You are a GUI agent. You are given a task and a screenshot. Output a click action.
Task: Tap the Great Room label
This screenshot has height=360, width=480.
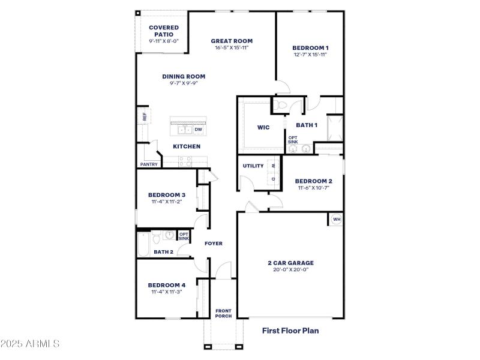pyautogui.click(x=231, y=41)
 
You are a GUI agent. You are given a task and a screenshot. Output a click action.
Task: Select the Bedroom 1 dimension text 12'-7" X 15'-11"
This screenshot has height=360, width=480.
pyautogui.click(x=310, y=55)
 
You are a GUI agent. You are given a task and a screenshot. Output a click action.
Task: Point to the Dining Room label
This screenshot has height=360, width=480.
pyautogui.click(x=184, y=76)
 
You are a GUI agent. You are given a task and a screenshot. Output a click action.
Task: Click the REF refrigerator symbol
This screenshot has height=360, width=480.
pyautogui.click(x=144, y=116)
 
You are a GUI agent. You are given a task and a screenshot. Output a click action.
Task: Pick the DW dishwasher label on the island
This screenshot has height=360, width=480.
pyautogui.click(x=198, y=129)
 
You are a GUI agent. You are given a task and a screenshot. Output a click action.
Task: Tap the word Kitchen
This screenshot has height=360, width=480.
pyautogui.click(x=187, y=146)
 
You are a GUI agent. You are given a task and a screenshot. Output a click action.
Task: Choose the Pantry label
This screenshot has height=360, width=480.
pyautogui.click(x=148, y=164)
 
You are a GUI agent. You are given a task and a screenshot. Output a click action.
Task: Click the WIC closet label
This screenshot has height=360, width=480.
pyautogui.click(x=263, y=127)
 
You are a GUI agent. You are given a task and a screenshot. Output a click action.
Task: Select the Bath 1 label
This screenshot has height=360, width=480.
pyautogui.click(x=307, y=125)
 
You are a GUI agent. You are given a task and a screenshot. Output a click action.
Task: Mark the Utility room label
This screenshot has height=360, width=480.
pyautogui.click(x=253, y=166)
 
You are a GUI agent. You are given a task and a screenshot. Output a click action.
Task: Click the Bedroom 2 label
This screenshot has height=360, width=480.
pyautogui.click(x=313, y=181)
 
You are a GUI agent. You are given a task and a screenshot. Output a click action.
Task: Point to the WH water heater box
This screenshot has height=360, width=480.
pyautogui.click(x=336, y=220)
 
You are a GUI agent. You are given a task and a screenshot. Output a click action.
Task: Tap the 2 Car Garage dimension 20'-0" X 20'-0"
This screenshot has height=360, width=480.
pyautogui.click(x=290, y=269)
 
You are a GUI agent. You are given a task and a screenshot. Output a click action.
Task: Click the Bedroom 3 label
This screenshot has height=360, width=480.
pyautogui.click(x=166, y=194)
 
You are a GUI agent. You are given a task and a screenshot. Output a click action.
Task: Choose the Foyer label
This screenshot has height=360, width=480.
pyautogui.click(x=214, y=244)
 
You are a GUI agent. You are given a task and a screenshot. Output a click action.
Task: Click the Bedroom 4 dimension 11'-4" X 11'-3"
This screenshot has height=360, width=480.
pyautogui.click(x=166, y=292)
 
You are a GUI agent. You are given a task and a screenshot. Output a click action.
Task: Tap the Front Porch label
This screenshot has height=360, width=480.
pyautogui.click(x=223, y=313)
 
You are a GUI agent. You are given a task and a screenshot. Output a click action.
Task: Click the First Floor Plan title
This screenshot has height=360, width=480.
pyautogui.click(x=290, y=330)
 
